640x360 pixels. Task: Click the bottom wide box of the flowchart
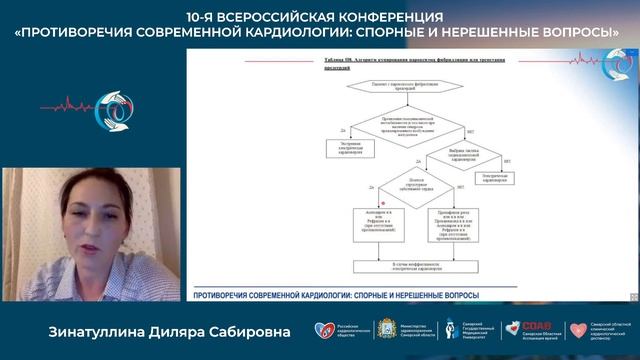413,265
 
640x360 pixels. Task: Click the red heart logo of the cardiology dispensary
578,331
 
